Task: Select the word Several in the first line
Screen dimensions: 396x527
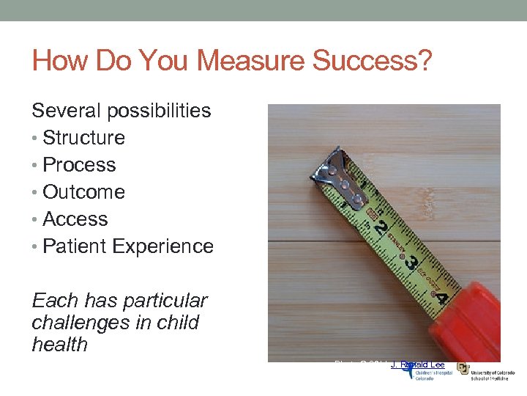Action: click(x=67, y=111)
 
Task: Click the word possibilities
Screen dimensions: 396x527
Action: click(x=159, y=111)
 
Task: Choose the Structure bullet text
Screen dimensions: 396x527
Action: click(x=84, y=138)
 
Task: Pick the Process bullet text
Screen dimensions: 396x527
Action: click(x=79, y=165)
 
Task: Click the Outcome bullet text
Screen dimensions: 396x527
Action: click(x=84, y=192)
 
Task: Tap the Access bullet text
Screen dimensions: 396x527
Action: click(x=75, y=219)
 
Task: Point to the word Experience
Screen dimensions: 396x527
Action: click(x=165, y=246)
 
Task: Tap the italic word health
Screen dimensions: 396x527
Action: click(x=60, y=345)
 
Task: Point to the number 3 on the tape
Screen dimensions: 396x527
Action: click(x=412, y=262)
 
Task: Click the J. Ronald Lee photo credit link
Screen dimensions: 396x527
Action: click(x=418, y=364)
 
